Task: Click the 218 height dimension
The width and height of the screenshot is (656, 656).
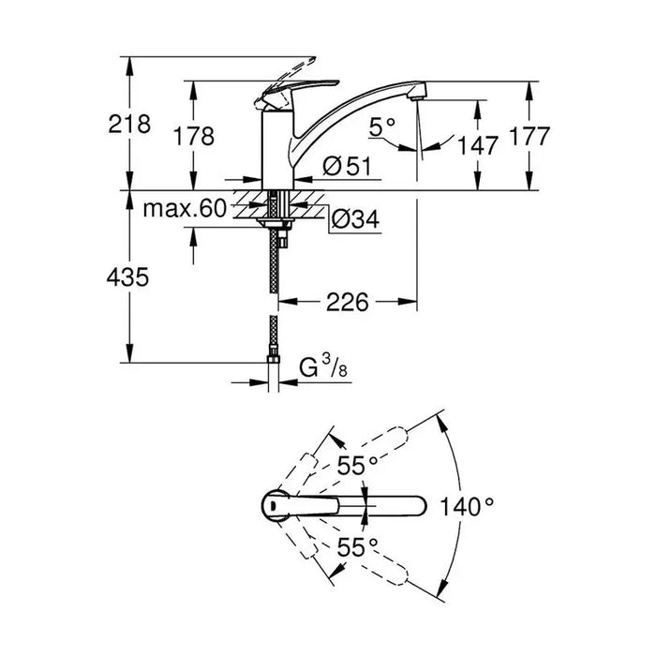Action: (x=129, y=125)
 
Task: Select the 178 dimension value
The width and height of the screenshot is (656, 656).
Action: (x=193, y=136)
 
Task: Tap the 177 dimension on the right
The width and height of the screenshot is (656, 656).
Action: (x=529, y=137)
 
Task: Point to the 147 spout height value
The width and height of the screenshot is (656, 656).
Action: (x=477, y=145)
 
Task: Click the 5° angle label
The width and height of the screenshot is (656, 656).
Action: (x=382, y=127)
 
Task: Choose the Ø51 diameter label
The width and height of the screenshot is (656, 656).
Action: (x=347, y=166)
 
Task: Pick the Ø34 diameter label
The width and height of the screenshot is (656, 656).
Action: (x=355, y=218)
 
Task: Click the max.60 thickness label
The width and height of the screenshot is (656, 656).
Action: (x=185, y=209)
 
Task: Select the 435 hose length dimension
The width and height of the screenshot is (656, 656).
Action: (x=127, y=277)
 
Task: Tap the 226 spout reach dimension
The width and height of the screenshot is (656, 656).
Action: (x=348, y=302)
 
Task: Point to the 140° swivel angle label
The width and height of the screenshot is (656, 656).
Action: (x=467, y=507)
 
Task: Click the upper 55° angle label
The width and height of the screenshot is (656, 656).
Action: (x=358, y=466)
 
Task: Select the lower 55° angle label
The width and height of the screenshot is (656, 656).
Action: (x=358, y=546)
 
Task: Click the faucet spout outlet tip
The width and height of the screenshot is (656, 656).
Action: (x=416, y=98)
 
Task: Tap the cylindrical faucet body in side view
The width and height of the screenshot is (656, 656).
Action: (x=277, y=150)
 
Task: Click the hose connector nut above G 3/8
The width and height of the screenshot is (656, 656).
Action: (x=274, y=359)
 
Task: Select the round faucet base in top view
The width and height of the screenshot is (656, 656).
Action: (x=275, y=505)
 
